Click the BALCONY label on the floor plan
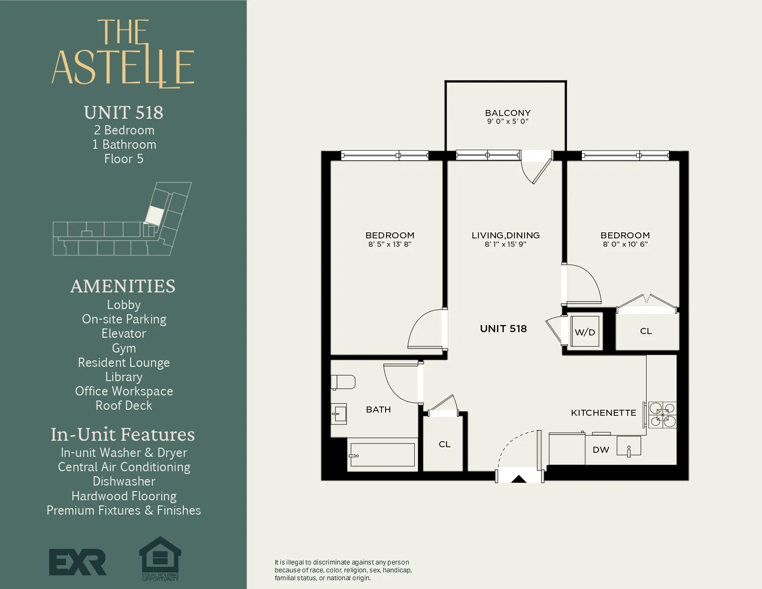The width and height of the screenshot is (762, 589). click(508, 113)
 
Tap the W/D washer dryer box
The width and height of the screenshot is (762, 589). click(585, 332)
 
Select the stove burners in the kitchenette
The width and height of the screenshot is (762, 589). click(662, 414)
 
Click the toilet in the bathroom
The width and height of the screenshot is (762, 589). click(343, 382)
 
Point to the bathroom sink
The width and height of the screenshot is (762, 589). click(339, 413)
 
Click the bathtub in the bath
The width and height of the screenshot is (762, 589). click(382, 455)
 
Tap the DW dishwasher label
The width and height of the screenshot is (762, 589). click(601, 449)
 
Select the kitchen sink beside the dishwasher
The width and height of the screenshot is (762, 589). click(629, 446)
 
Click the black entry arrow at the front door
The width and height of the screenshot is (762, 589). click(519, 479)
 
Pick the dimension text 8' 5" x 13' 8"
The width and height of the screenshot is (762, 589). click(389, 244)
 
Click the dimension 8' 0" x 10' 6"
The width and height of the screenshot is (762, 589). click(625, 244)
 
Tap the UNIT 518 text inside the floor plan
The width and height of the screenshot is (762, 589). click(503, 328)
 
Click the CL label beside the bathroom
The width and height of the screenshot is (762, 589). click(444, 444)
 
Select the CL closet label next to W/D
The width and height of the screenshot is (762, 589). click(646, 331)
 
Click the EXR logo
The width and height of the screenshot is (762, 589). click(78, 562)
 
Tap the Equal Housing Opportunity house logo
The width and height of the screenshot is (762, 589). click(160, 557)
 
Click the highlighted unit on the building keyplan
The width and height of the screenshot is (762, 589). click(154, 216)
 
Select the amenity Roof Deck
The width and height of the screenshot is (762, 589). click(124, 406)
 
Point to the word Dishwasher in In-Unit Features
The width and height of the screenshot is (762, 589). click(124, 481)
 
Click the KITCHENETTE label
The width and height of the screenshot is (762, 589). click(603, 413)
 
